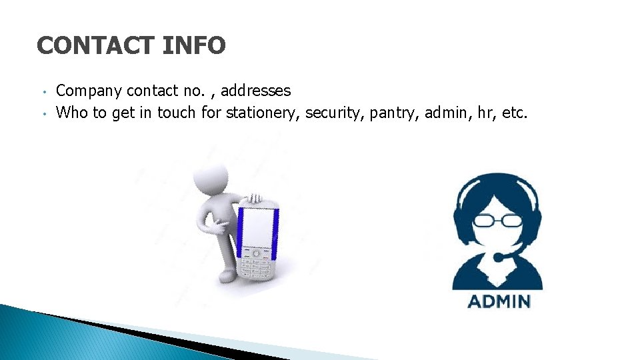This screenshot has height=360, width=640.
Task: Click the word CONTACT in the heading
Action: click(x=95, y=46)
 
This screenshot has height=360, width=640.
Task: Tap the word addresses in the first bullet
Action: click(x=256, y=91)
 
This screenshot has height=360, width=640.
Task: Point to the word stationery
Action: click(x=263, y=113)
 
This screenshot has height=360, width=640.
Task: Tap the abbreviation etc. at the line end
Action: click(x=515, y=113)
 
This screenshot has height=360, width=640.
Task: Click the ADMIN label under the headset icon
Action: click(x=499, y=301)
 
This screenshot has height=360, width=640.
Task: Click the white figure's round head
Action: click(x=211, y=179)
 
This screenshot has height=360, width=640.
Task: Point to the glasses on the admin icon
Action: click(x=499, y=221)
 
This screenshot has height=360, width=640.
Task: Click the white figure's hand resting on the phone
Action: click(x=254, y=198)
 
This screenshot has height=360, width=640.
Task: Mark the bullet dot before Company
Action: click(x=42, y=91)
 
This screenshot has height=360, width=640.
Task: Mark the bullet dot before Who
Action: click(x=42, y=113)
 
